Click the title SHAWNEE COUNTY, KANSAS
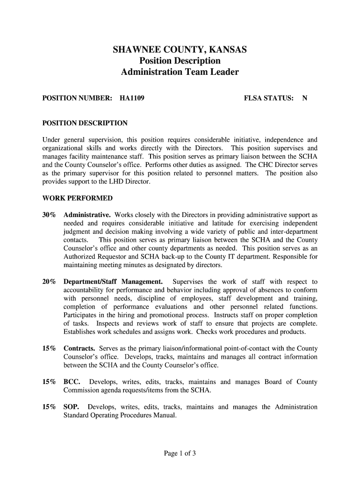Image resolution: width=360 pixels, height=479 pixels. coord(180,50)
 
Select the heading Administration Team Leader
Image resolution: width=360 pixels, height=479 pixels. coord(180,73)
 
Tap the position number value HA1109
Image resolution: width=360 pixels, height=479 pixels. coord(132,99)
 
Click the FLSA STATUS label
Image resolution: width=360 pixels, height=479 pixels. coord(269,99)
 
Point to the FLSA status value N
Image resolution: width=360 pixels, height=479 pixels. coord(304,99)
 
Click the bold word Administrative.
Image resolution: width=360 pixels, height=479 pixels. coord(87,215)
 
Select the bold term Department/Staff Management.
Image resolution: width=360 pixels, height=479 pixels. coord(113,282)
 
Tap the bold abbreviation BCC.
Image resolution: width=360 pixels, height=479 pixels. coord(72,382)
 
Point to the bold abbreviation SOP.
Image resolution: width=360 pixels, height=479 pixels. coord(72,407)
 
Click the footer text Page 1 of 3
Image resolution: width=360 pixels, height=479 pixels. coord(180,453)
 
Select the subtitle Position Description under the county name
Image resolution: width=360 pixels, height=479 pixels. coord(180,61)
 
